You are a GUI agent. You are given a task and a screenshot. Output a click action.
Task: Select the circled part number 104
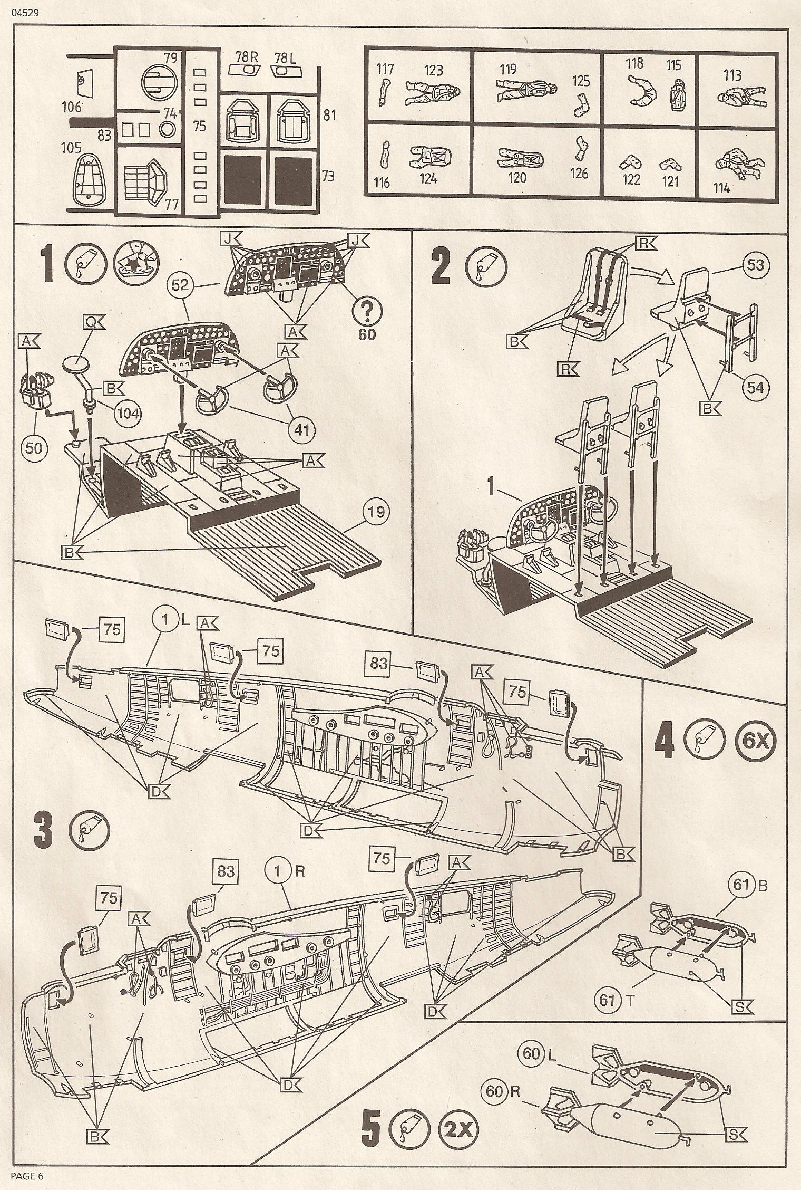126,412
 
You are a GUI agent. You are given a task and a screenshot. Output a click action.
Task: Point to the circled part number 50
33,447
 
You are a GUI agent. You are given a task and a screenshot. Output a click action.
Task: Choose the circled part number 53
755,265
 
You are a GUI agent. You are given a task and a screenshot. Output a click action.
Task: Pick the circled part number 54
755,388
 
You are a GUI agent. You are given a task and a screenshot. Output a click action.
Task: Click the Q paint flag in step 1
93,322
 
